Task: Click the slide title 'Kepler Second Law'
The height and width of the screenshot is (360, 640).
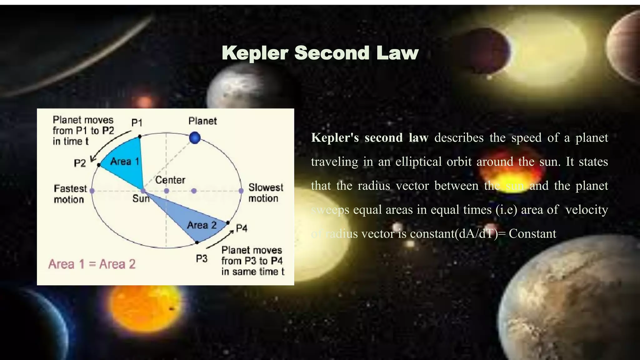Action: pos(320,53)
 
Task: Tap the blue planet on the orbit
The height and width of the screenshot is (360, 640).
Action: pos(195,138)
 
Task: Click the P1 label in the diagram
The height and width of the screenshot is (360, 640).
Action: pos(137,123)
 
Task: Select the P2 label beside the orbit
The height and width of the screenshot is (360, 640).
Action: pos(80,163)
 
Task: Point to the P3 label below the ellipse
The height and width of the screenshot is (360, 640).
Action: pos(202,259)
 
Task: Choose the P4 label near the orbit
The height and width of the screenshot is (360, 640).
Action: pos(242,228)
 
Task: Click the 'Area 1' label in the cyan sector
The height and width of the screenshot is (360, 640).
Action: pos(125,162)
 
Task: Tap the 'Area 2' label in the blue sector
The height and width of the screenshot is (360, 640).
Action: pos(202,225)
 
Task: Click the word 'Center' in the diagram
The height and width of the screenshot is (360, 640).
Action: pos(170,180)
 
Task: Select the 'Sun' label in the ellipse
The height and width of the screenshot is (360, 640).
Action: pos(141,198)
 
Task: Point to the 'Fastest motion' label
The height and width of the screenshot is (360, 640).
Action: pos(70,194)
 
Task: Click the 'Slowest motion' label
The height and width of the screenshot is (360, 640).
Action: pos(266,193)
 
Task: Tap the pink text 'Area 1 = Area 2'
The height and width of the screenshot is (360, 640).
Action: pos(92,264)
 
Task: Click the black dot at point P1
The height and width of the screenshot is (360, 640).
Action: pos(140,137)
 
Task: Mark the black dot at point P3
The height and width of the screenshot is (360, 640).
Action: pos(197,242)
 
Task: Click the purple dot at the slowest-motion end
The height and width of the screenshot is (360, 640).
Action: pos(241,191)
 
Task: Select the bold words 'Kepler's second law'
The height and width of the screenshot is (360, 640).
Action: pos(369,138)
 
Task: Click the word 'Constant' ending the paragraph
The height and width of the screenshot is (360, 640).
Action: pos(532,234)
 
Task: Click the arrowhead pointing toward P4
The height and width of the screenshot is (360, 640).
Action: pos(232,232)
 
